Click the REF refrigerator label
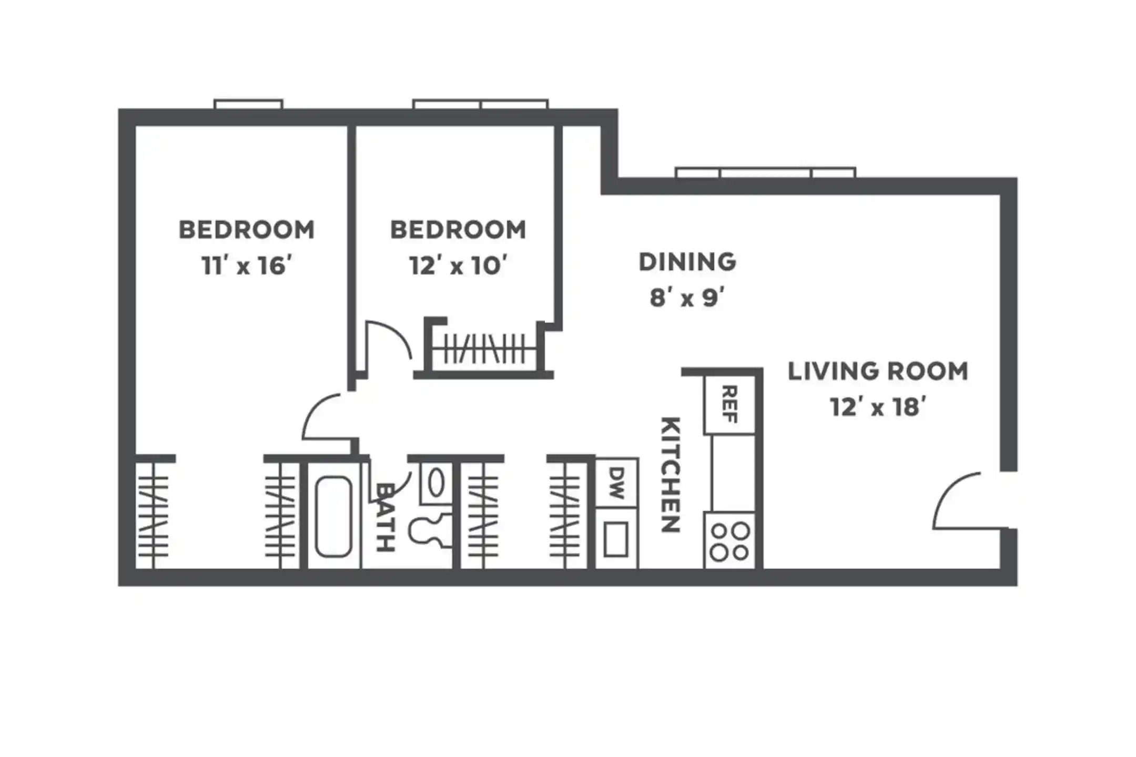tap(729, 404)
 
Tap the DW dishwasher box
tap(616, 483)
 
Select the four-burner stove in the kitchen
tap(729, 541)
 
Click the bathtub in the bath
tap(333, 516)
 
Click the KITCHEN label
tap(671, 475)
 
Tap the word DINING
tap(687, 262)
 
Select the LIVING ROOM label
tap(878, 371)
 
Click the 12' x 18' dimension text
tap(878, 407)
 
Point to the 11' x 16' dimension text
tap(247, 265)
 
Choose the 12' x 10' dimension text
tap(458, 265)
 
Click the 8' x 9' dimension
tap(687, 298)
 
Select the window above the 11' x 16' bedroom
tap(248, 104)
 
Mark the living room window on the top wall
tap(765, 172)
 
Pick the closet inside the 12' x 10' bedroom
tap(484, 349)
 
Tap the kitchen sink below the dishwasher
tap(616, 538)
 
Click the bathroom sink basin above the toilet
tap(435, 483)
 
